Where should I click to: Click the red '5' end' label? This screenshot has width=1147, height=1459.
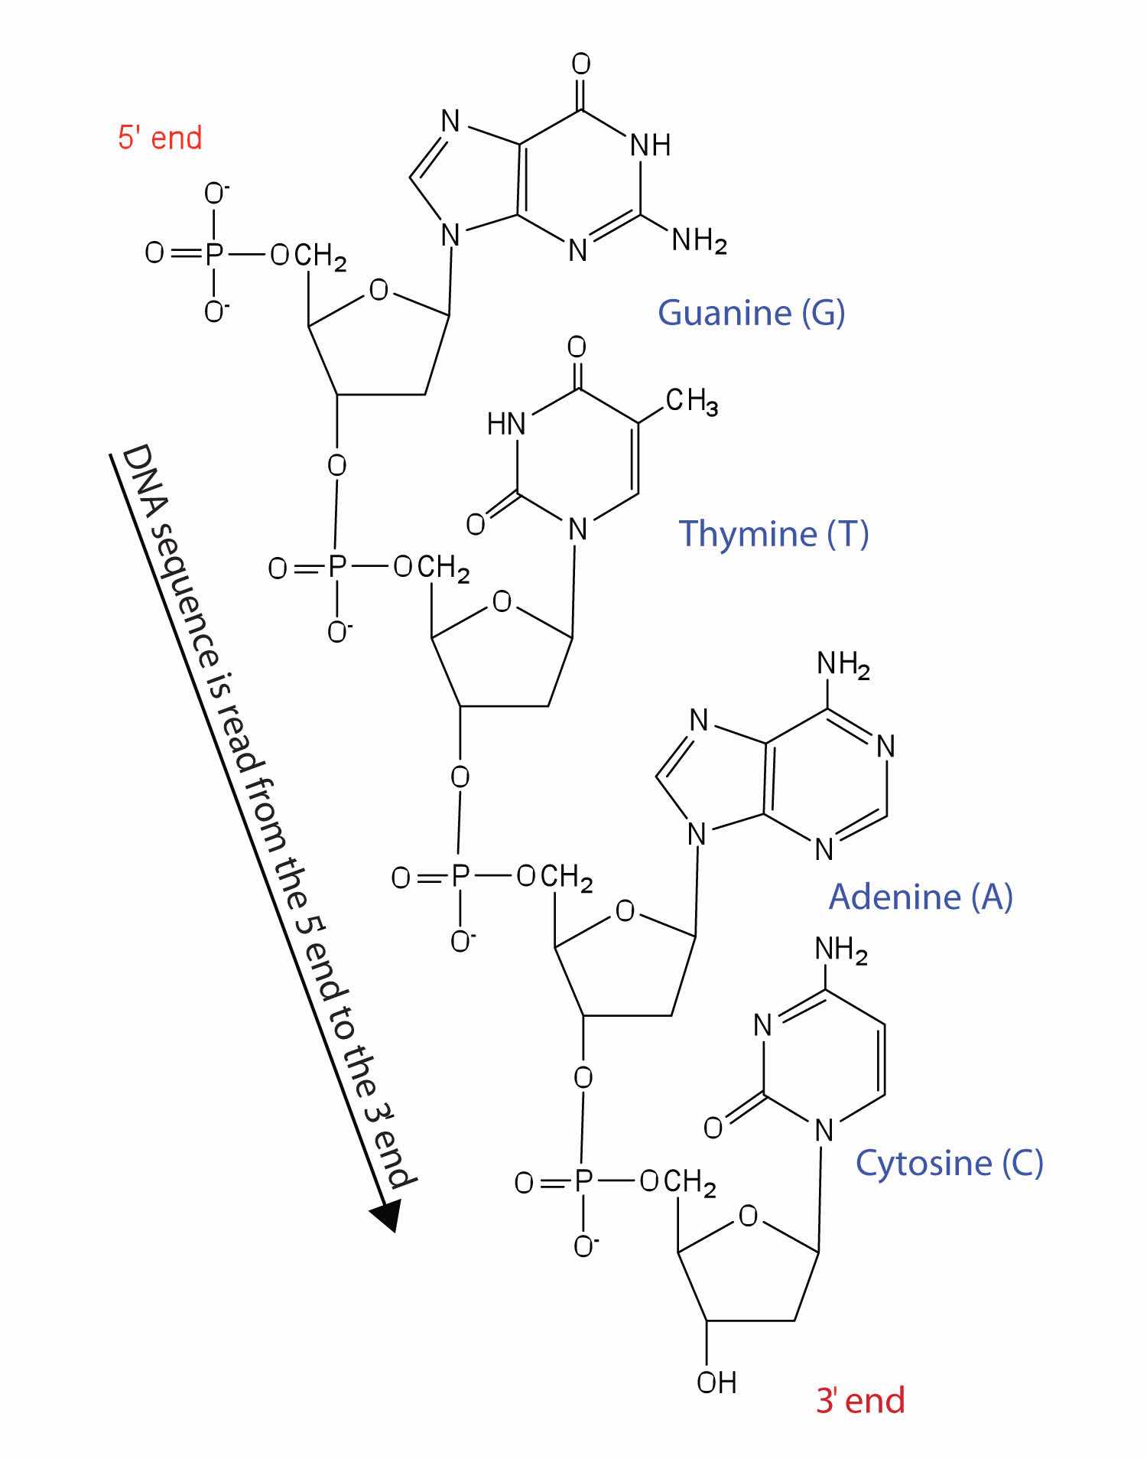160,138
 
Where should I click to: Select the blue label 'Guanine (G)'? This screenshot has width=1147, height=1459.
751,312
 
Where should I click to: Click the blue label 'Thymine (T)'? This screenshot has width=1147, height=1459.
774,532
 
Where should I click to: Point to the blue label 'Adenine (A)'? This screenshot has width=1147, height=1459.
921,896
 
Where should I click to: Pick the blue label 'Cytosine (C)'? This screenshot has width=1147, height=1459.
949,1162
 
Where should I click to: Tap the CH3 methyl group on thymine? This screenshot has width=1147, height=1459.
691,400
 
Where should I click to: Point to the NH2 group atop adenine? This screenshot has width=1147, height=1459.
843,664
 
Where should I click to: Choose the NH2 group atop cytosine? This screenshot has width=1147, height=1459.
841,952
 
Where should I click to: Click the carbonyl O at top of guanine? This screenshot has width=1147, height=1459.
581,65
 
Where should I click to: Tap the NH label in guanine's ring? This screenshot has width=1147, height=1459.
651,145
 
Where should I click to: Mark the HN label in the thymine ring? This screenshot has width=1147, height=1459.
506,423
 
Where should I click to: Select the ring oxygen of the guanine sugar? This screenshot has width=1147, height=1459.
379,291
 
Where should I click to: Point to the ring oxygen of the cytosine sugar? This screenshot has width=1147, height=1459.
749,1216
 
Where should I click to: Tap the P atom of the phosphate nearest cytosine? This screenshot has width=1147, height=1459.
583,1183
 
